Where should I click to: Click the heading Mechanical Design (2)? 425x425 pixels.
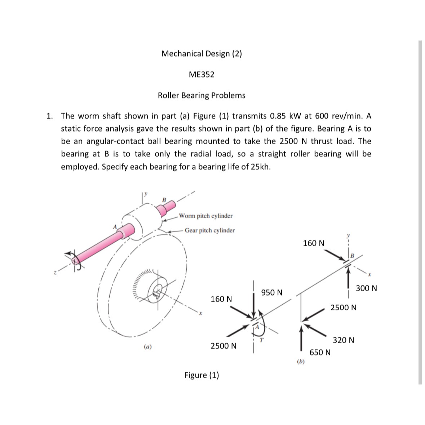pyautogui.click(x=202, y=54)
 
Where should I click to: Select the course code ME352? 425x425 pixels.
pyautogui.click(x=202, y=75)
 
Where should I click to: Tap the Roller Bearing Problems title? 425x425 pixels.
pyautogui.click(x=202, y=96)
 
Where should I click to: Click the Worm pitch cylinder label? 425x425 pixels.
pyautogui.click(x=206, y=216)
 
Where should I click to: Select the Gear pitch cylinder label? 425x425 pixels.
pyautogui.click(x=209, y=230)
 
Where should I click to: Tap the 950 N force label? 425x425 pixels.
pyautogui.click(x=272, y=292)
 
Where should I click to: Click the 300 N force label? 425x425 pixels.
pyautogui.click(x=366, y=288)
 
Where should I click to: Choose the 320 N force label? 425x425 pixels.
pyautogui.click(x=343, y=340)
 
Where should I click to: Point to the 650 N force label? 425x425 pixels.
pyautogui.click(x=320, y=352)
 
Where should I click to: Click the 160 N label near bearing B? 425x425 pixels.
pyautogui.click(x=313, y=243)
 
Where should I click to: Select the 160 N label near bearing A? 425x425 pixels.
pyautogui.click(x=221, y=299)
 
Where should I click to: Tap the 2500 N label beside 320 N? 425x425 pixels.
pyautogui.click(x=344, y=307)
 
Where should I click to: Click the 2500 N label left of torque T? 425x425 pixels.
pyautogui.click(x=223, y=346)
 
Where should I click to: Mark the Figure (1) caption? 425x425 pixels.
pyautogui.click(x=202, y=375)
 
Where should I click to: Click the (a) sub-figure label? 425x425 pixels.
pyautogui.click(x=147, y=347)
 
